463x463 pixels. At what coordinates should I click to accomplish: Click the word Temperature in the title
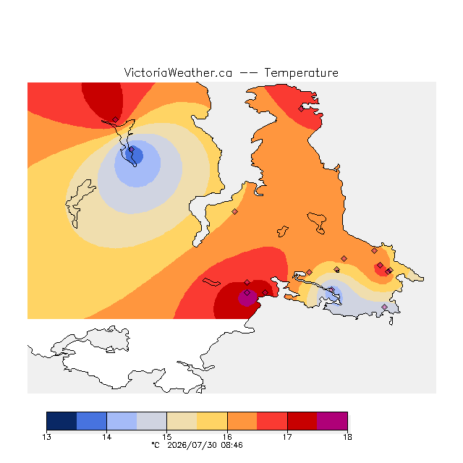click(x=301, y=73)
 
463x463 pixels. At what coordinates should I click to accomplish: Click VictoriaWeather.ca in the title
click(x=178, y=73)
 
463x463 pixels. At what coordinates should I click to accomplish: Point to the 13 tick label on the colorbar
click(x=46, y=437)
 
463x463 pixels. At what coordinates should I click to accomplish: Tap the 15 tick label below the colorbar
click(x=167, y=437)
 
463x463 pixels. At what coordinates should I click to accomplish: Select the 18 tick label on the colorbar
click(x=347, y=437)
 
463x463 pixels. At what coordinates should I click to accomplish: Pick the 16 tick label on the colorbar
click(x=227, y=437)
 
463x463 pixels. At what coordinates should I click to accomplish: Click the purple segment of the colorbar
click(x=332, y=421)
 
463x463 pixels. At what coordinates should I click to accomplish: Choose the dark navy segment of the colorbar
click(x=61, y=421)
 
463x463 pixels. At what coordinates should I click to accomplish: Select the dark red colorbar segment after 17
click(x=302, y=421)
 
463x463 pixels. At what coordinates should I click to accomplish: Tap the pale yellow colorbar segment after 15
click(x=182, y=421)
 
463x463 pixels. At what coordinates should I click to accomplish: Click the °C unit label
click(x=156, y=445)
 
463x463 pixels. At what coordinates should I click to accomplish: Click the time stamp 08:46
click(x=231, y=445)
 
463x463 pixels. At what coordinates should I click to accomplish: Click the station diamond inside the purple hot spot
click(x=247, y=292)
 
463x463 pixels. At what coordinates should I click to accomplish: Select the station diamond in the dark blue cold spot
click(x=132, y=150)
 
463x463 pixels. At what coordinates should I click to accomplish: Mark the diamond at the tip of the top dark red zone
click(x=116, y=119)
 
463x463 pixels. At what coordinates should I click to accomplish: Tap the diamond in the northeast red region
click(x=301, y=109)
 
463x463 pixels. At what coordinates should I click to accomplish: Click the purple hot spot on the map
click(x=247, y=297)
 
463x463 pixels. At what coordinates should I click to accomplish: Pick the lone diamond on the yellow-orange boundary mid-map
click(x=234, y=211)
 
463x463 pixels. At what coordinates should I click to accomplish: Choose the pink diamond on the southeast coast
click(x=384, y=307)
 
